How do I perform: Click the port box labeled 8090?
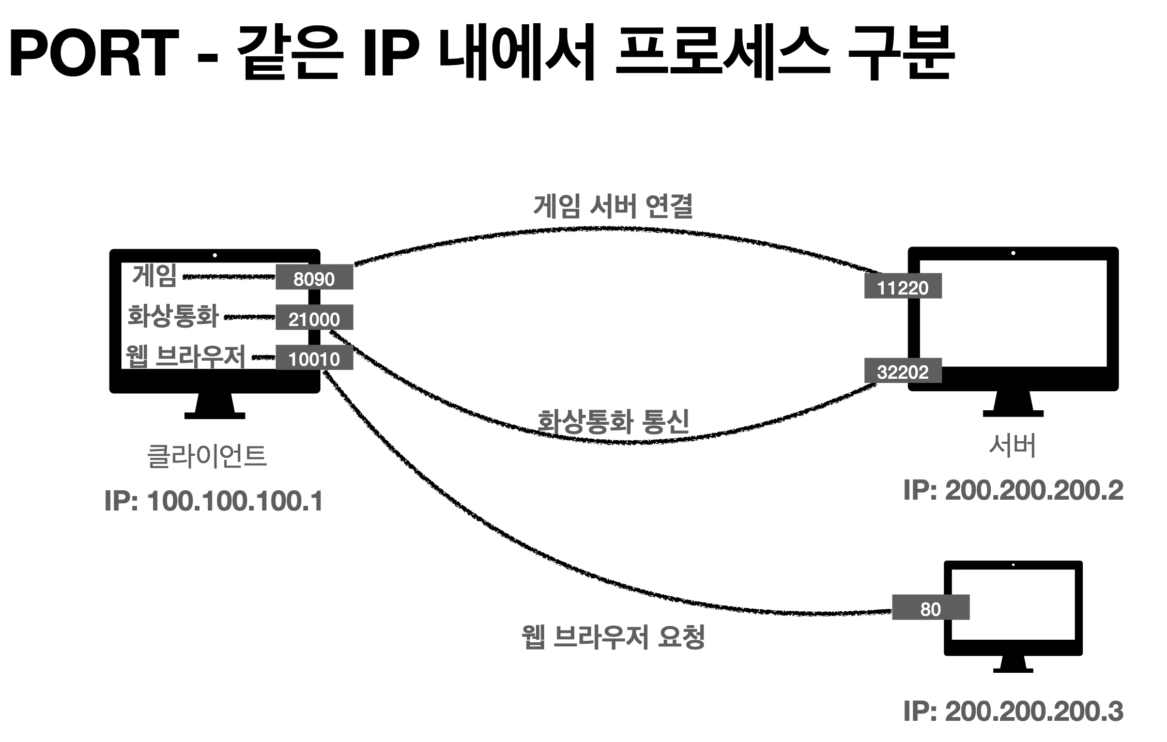tap(314, 278)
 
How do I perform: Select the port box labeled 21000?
tap(314, 318)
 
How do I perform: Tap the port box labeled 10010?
tap(314, 358)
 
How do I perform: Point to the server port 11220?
tap(902, 287)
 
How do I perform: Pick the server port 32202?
tap(902, 371)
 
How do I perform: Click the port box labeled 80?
tap(930, 608)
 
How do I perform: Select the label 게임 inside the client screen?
tap(154, 275)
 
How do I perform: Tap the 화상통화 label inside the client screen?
tap(173, 316)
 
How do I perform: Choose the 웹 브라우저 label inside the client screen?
tap(185, 355)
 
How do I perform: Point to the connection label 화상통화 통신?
tap(613, 422)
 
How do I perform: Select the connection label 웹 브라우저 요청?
tap(613, 637)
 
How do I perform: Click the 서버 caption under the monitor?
tap(1012, 445)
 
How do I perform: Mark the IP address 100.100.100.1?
tap(213, 501)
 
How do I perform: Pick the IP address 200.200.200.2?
tap(1013, 490)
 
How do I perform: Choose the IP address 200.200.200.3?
tap(1013, 712)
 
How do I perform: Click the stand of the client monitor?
tap(214, 406)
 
